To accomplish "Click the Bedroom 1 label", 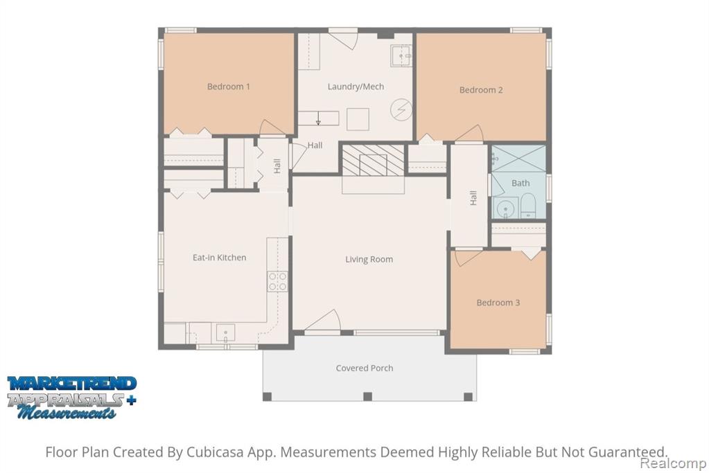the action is click(x=228, y=87).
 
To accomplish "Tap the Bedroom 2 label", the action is click(x=481, y=90).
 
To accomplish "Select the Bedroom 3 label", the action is click(x=498, y=303).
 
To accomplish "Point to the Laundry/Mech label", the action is click(x=356, y=87).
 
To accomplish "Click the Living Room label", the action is click(x=369, y=259).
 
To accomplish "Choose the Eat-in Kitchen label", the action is click(x=219, y=258).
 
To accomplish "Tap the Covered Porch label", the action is click(x=365, y=368).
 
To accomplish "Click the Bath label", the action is click(x=520, y=183).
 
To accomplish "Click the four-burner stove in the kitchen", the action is click(x=277, y=281).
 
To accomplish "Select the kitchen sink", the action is click(x=225, y=333).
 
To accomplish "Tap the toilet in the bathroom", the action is click(x=528, y=206).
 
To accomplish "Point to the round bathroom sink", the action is click(x=505, y=208).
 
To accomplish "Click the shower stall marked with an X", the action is click(x=518, y=158).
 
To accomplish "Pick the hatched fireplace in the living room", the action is click(x=373, y=161).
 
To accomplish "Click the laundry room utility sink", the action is click(x=401, y=55).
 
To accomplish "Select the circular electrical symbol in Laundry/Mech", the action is click(x=401, y=110).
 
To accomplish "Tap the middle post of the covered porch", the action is click(x=367, y=397).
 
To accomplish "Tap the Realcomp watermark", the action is click(x=673, y=463).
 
